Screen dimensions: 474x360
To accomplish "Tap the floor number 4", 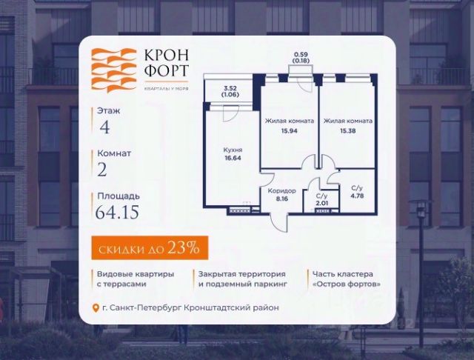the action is coord(104,126).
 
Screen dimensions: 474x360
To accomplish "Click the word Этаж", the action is coord(108,110).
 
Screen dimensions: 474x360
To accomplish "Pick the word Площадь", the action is coord(116,196).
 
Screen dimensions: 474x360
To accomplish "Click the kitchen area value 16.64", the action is coord(233,157).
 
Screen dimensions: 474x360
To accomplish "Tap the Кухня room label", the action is coord(233,149).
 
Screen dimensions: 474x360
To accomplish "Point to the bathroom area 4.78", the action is coord(356,196).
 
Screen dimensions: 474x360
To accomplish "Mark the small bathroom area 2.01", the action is coord(321,201).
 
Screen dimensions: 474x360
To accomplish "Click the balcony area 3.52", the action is coord(231,88).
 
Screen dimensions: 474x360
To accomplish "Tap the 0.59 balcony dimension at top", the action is coord(301,54).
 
